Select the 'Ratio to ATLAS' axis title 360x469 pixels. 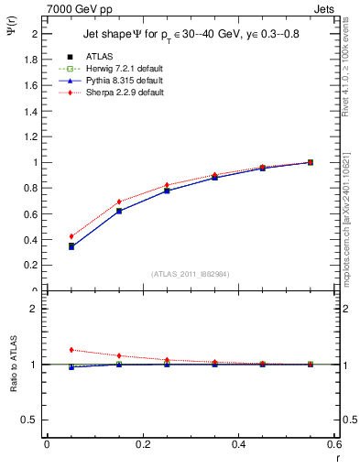[x=13, y=364]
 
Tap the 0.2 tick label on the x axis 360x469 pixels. [x=142, y=445]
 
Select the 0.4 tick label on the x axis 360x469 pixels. [x=238, y=445]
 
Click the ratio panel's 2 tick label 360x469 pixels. [x=35, y=310]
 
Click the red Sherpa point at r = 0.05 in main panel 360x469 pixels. [x=71, y=236]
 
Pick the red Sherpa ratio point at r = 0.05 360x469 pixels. [x=71, y=350]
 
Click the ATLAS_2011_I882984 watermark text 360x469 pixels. [x=190, y=274]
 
